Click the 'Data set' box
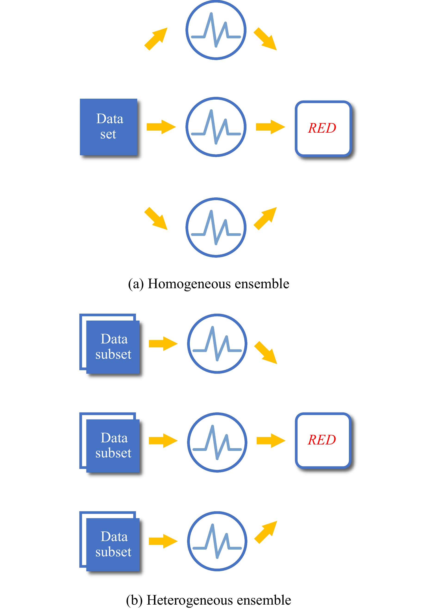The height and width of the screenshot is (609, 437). click(x=108, y=127)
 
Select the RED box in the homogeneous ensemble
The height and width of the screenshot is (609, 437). click(x=323, y=128)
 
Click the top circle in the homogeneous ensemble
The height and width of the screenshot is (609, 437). click(x=216, y=30)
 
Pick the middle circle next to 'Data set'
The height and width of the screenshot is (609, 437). click(x=216, y=127)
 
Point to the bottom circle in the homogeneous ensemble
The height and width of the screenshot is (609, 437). click(x=216, y=227)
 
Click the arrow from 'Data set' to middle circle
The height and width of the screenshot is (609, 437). click(x=161, y=127)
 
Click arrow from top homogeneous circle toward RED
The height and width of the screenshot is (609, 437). click(x=265, y=39)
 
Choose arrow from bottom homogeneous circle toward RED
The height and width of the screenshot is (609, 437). click(x=265, y=218)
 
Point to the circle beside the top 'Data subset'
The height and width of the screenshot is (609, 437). click(x=217, y=343)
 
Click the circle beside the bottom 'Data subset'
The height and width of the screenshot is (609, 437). click(x=217, y=541)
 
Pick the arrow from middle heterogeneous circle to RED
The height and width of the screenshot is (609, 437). click(x=271, y=441)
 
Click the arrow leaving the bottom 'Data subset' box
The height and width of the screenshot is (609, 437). click(x=163, y=541)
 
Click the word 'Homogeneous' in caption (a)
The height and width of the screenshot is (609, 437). click(x=189, y=284)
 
